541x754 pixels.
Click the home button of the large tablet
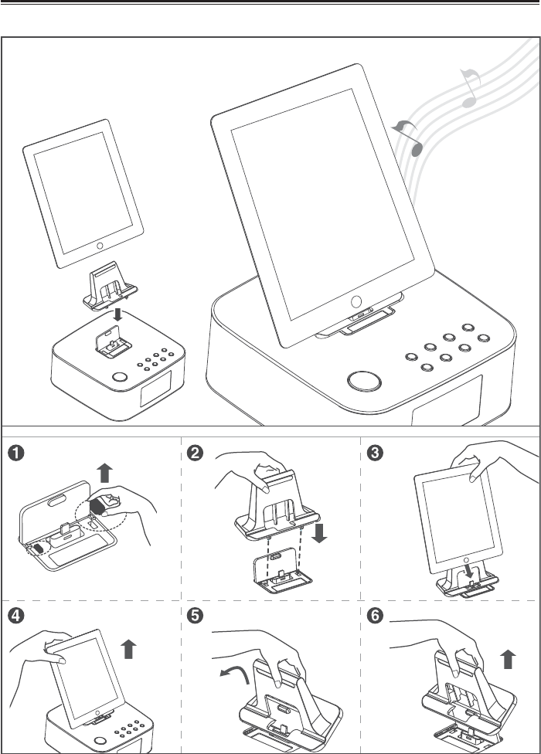(x=356, y=301)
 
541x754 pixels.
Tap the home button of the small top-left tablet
(x=100, y=246)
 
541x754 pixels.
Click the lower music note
(x=410, y=139)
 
